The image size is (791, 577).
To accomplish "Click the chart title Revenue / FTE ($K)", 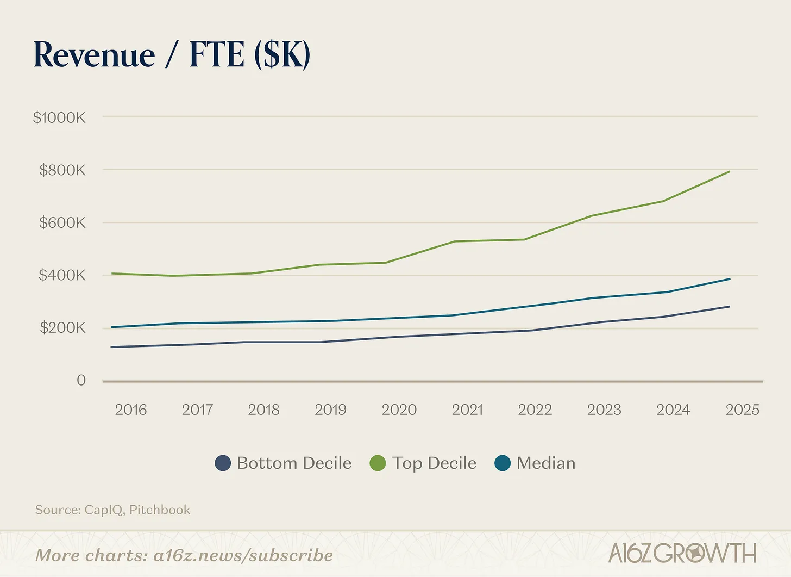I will (x=172, y=55).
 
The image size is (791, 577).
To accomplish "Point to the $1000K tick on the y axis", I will (x=59, y=117).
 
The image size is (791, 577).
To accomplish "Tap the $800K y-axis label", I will (x=62, y=170).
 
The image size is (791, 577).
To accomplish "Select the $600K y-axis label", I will (x=62, y=223).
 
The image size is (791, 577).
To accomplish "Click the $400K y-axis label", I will (x=62, y=275).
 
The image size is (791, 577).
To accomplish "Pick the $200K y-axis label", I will (x=62, y=328).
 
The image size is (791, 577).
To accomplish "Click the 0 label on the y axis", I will (x=81, y=380).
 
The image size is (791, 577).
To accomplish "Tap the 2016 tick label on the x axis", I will (x=131, y=410).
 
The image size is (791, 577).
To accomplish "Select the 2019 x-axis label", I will (x=330, y=410).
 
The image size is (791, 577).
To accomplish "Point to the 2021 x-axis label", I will (x=467, y=410).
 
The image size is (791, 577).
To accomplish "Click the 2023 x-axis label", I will (x=604, y=410).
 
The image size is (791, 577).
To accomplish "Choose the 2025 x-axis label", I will (x=742, y=410).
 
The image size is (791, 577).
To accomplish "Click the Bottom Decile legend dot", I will (x=223, y=463).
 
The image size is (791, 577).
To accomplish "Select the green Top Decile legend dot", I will (x=378, y=463).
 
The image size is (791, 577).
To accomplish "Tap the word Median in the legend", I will (x=546, y=463).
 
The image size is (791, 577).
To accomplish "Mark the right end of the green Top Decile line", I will (x=729, y=172).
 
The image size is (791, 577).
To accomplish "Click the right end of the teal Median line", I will (x=729, y=279).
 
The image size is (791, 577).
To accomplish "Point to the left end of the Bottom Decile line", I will (x=111, y=347).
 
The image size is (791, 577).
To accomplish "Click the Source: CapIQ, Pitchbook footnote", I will (x=113, y=510).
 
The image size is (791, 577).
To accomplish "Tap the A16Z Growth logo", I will (x=682, y=554).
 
